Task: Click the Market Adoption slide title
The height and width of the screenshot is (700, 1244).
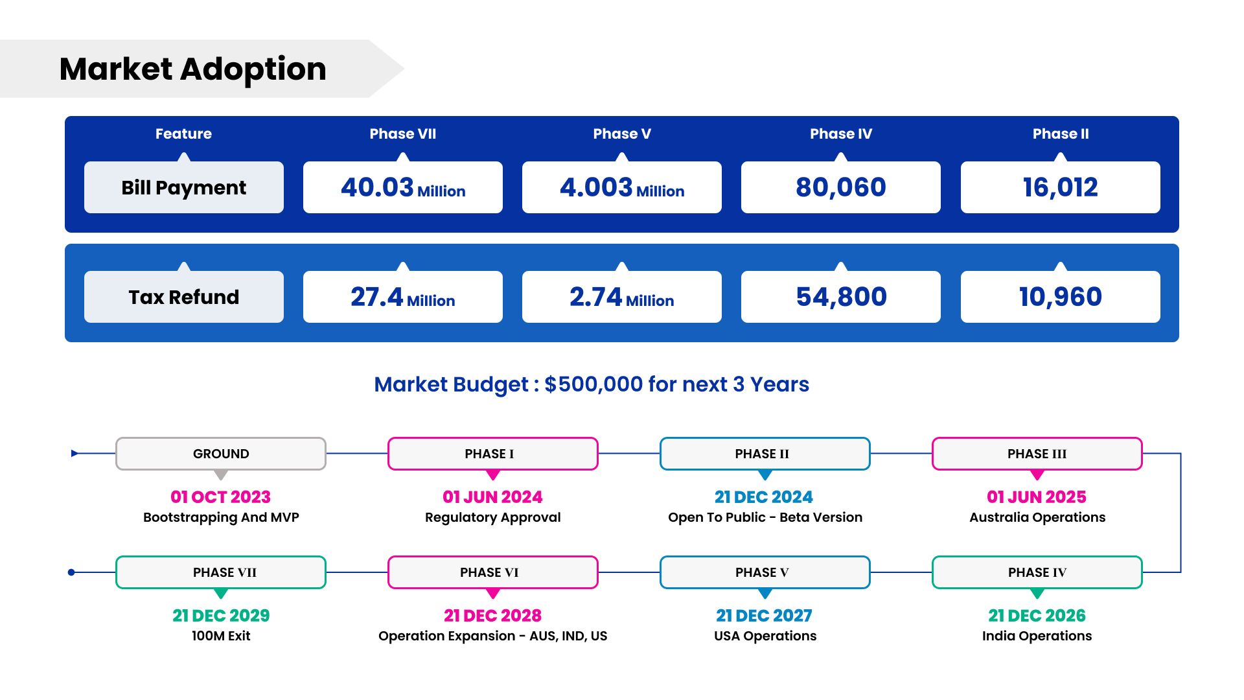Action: click(192, 69)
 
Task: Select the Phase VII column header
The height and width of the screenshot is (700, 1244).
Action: click(402, 134)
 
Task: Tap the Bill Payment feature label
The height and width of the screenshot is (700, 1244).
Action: click(183, 187)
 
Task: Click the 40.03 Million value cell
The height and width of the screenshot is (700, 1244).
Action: click(402, 187)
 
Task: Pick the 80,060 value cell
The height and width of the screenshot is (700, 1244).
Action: click(840, 187)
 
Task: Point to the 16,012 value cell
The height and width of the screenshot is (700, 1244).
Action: click(1060, 187)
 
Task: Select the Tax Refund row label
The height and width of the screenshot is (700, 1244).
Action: click(183, 297)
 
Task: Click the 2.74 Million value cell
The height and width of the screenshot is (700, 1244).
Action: click(621, 297)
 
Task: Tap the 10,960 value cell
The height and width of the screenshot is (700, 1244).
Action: click(1060, 297)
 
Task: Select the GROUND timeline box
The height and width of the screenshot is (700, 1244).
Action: click(221, 454)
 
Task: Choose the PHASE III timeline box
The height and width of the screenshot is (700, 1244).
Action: click(1037, 454)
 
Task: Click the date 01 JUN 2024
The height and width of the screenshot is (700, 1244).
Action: click(492, 497)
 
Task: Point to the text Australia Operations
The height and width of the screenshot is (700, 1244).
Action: click(1037, 517)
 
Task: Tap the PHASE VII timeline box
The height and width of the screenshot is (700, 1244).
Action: click(221, 572)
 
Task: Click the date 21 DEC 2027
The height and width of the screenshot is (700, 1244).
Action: click(765, 616)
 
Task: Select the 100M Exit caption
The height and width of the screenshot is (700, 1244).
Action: click(221, 636)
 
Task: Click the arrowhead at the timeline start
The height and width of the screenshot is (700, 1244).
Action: click(75, 454)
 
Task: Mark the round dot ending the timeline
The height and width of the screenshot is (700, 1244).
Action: click(71, 572)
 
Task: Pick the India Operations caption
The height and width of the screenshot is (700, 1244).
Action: click(1037, 636)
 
